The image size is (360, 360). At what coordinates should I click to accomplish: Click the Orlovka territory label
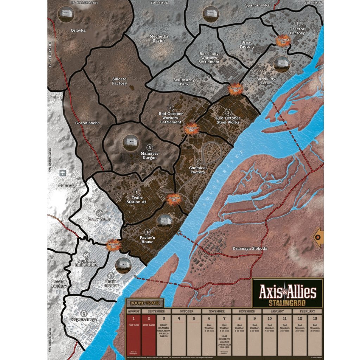coord(78,31)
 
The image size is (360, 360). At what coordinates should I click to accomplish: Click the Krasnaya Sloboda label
coord(250,249)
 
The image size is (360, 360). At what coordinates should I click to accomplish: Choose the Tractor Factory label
coord(297,31)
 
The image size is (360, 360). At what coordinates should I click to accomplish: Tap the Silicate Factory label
coord(120,81)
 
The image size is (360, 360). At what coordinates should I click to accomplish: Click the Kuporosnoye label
coord(84,319)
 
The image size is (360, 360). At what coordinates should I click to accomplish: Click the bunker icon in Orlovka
coord(66,14)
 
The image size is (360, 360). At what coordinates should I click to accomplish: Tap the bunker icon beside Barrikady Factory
coord(282,64)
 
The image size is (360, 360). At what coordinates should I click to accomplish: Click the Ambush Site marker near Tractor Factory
coord(283,40)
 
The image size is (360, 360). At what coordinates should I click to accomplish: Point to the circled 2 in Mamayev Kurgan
coord(149,148)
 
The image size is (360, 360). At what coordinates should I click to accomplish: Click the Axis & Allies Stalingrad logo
coord(288,293)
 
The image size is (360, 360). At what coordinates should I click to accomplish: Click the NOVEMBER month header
coord(217,311)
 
